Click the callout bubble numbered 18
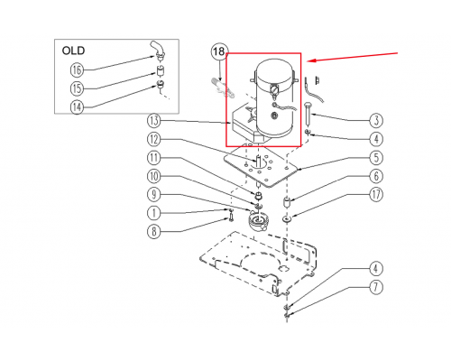point(219,51)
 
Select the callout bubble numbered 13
point(154,121)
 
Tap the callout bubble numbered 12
point(154,139)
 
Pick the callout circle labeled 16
point(77,70)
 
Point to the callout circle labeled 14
point(77,106)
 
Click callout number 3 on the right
point(376,121)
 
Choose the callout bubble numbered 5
point(376,158)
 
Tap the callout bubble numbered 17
point(376,195)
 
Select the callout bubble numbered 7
point(376,287)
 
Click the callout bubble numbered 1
point(154,213)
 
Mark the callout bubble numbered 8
point(154,232)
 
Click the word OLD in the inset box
point(73,51)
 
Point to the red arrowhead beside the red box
point(311,60)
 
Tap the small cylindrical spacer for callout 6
point(287,202)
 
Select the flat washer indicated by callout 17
point(287,218)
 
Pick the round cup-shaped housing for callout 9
point(256,222)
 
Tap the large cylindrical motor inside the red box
point(274,97)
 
